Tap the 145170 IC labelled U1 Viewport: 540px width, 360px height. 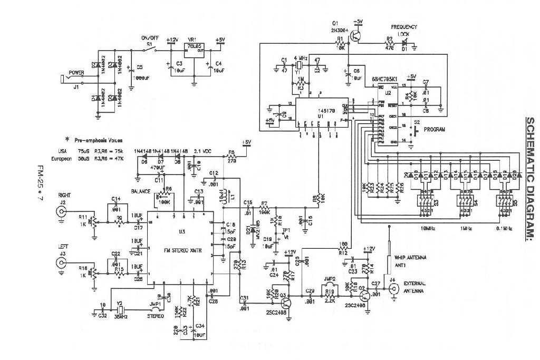321,111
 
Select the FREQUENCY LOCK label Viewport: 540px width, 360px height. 404,30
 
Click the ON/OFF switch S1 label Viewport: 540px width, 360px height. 150,38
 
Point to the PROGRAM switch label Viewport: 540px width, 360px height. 435,129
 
